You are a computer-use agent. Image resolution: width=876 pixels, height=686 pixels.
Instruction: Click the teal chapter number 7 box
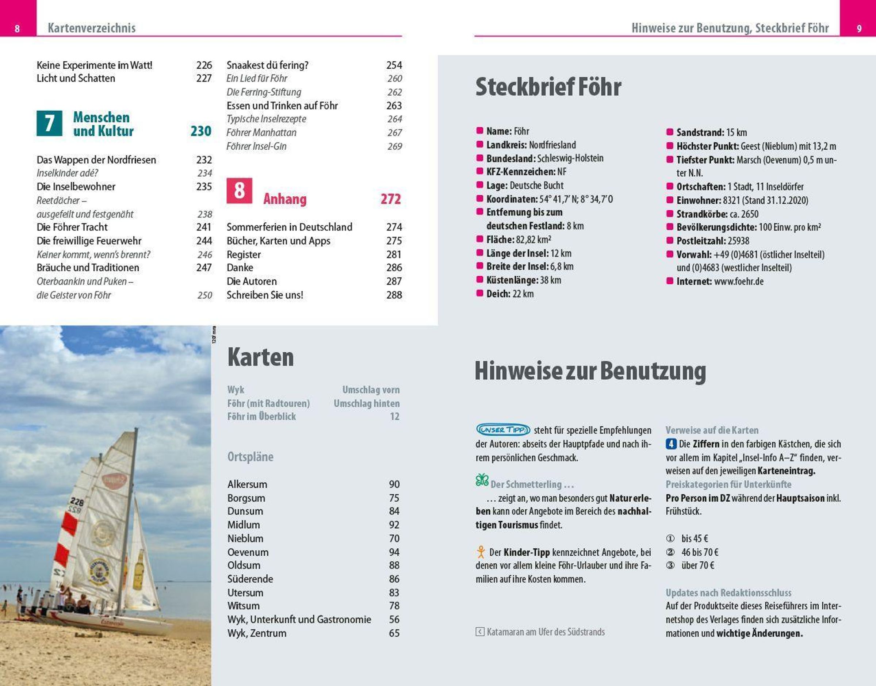[49, 123]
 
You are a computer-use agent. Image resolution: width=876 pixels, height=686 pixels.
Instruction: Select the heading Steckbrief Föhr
[548, 87]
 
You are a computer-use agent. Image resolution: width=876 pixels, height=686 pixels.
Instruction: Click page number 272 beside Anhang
[390, 199]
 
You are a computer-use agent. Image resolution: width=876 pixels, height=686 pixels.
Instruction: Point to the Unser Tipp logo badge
[503, 430]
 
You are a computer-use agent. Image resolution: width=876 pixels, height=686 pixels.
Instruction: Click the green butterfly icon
[482, 480]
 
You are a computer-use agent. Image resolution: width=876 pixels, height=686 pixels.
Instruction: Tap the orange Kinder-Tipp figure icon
[481, 552]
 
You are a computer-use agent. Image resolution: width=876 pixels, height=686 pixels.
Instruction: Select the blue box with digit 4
[671, 444]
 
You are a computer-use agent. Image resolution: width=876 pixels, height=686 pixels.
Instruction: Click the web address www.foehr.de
[739, 281]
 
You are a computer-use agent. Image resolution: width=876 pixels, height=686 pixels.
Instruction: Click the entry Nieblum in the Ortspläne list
[245, 539]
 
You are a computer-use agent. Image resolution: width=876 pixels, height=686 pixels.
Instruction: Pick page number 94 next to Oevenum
[394, 552]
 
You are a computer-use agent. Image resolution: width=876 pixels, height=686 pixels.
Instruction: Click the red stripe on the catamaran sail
[69, 525]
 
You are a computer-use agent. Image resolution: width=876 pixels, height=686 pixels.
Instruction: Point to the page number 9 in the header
[859, 28]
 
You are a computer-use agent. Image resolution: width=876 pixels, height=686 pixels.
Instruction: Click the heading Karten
[260, 357]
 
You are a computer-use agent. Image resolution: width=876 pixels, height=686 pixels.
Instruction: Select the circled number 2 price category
[670, 552]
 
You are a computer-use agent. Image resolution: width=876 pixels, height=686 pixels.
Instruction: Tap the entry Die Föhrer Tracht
[72, 227]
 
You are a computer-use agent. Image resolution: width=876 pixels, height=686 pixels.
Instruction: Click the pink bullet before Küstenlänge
[479, 280]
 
